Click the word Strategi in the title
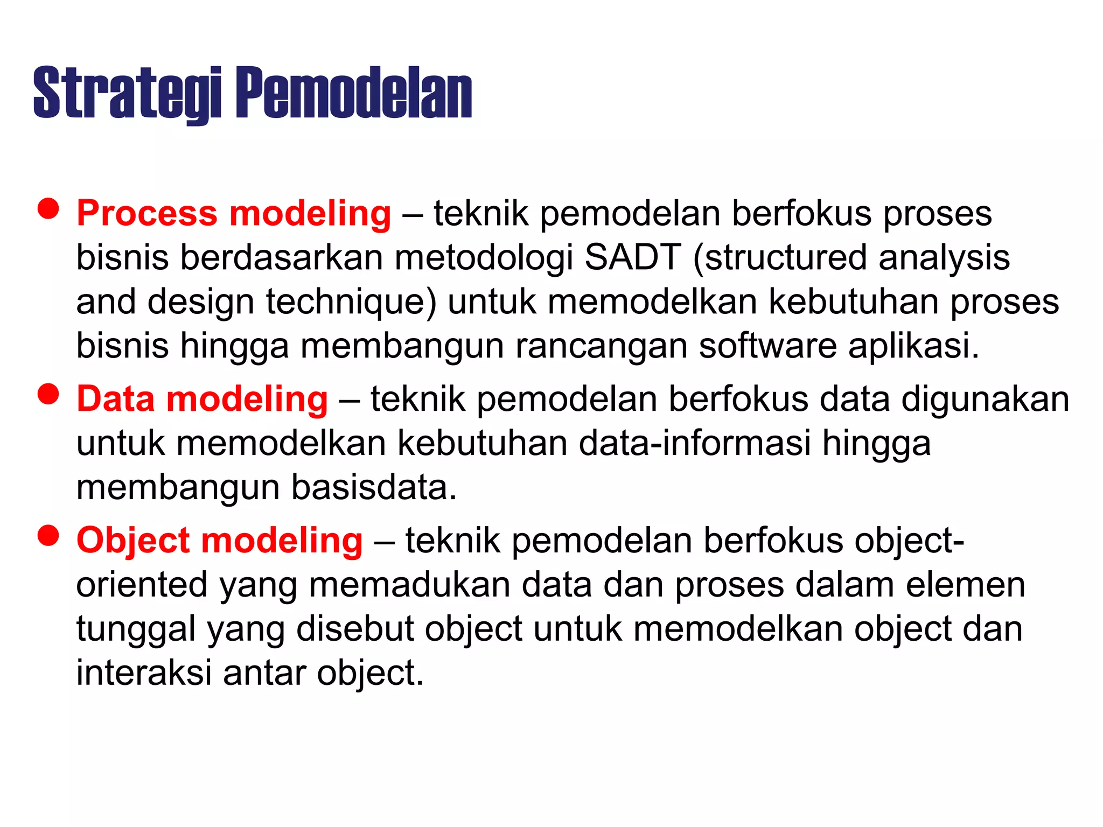pyautogui.click(x=127, y=93)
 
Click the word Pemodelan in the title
pyautogui.click(x=354, y=93)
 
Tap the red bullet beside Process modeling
pyautogui.click(x=48, y=208)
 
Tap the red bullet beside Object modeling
pyautogui.click(x=48, y=536)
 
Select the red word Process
pyautogui.click(x=147, y=213)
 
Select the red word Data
pyautogui.click(x=115, y=400)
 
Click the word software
pyautogui.click(x=767, y=346)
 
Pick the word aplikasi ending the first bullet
pyautogui.click(x=913, y=346)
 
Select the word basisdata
pyautogui.click(x=374, y=488)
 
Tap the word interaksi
pyautogui.click(x=144, y=673)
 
